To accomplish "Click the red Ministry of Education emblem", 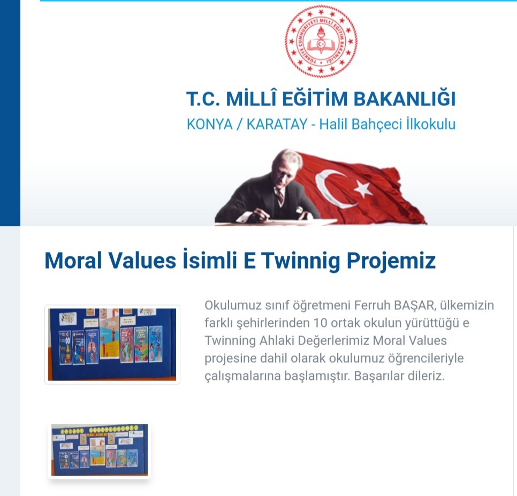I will point(321,42).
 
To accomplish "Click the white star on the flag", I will point(362,188).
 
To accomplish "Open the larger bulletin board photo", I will point(112,344).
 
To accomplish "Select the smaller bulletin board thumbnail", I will point(100,449).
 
